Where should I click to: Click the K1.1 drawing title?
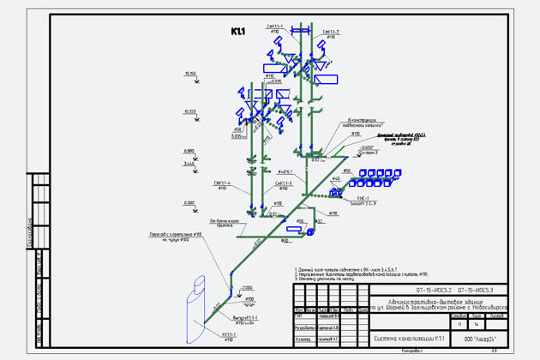click(237, 32)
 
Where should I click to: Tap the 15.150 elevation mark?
click(189, 75)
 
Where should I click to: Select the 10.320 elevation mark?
click(189, 111)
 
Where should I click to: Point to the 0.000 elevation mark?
click(189, 202)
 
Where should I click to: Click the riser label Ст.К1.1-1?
click(275, 27)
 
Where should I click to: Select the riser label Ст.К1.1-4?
click(225, 182)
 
